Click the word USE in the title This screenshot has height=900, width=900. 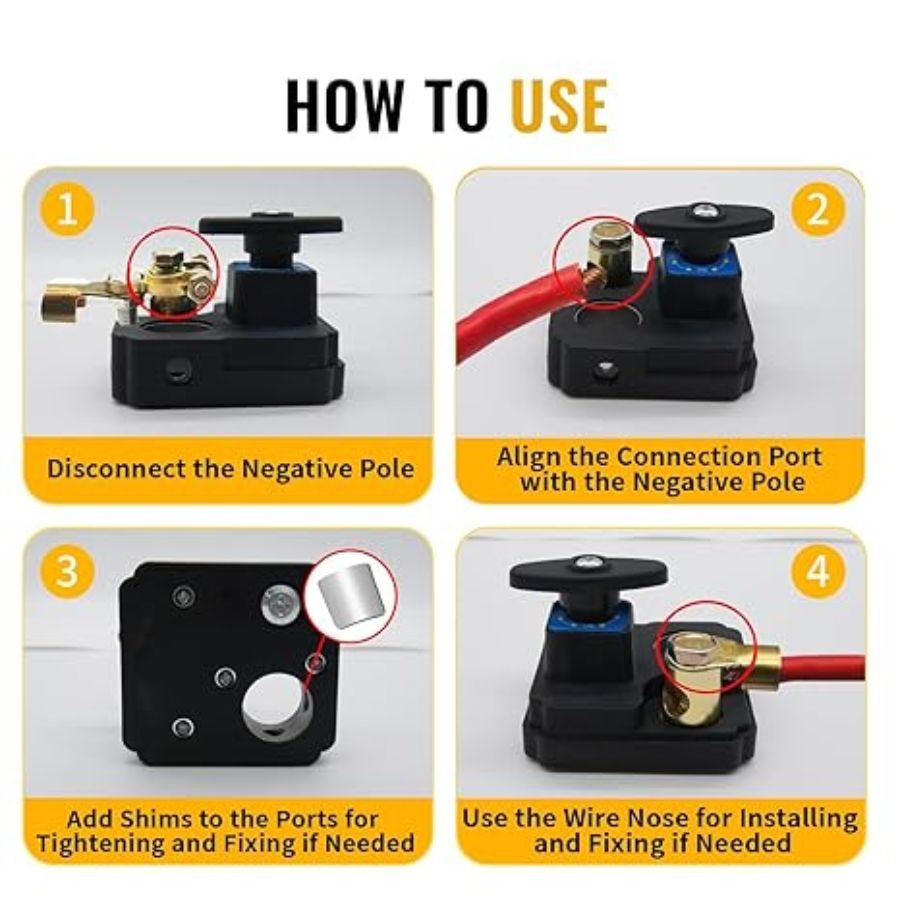click(x=558, y=106)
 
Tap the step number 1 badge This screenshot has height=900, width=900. click(x=68, y=209)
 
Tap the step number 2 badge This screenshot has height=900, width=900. click(x=817, y=210)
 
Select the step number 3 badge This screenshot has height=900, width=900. click(x=68, y=570)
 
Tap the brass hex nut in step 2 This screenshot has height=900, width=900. click(x=608, y=236)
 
